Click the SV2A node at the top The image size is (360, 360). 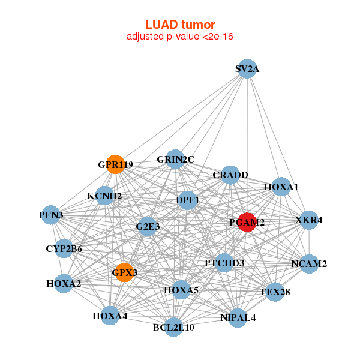pyautogui.click(x=247, y=69)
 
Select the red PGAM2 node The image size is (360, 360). pyautogui.click(x=247, y=222)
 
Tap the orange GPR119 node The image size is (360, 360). pyautogui.click(x=115, y=164)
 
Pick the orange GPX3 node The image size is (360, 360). pyautogui.click(x=124, y=272)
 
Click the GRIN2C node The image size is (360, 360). pyautogui.click(x=175, y=159)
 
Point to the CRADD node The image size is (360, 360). pyautogui.click(x=230, y=175)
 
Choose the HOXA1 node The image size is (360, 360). pyautogui.click(x=281, y=187)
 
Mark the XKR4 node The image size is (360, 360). pyautogui.click(x=309, y=220)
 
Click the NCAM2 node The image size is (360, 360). pyautogui.click(x=309, y=263)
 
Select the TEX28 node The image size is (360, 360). pyautogui.click(x=275, y=292)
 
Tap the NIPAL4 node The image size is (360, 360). pyautogui.click(x=238, y=317)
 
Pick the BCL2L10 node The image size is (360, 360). pyautogui.click(x=173, y=327)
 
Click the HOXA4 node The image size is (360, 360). pyautogui.click(x=110, y=316)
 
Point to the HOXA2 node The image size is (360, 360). pyautogui.click(x=64, y=283)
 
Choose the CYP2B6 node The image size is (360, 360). pyautogui.click(x=64, y=248)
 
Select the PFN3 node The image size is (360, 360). pyautogui.click(x=50, y=215)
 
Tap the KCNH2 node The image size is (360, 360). pyautogui.click(x=104, y=196)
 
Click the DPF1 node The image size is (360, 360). pyautogui.click(x=188, y=200)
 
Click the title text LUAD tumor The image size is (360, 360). pyautogui.click(x=180, y=25)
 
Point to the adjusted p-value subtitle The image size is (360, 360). pyautogui.click(x=180, y=37)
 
